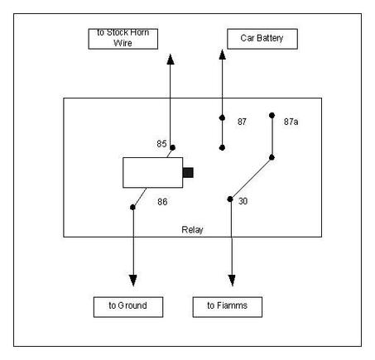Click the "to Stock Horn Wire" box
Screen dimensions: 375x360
click(123, 39)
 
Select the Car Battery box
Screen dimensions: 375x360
click(262, 39)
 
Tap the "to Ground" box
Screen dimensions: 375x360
click(128, 307)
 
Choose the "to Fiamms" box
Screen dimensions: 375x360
click(228, 307)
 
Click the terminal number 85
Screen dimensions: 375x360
click(161, 144)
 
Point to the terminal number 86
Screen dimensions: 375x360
click(162, 202)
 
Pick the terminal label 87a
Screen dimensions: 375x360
click(291, 122)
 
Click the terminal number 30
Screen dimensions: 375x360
click(243, 201)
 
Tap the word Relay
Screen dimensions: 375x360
click(192, 229)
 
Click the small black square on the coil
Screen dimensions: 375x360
click(188, 172)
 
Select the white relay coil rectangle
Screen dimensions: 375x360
click(152, 173)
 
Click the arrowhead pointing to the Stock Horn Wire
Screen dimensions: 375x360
click(171, 60)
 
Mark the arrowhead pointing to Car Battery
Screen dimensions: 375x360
click(222, 55)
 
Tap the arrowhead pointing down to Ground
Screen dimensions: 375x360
click(133, 281)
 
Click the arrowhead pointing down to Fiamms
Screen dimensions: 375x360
click(232, 281)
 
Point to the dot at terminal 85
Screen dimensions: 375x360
click(173, 147)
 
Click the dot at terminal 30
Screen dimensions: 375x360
click(230, 199)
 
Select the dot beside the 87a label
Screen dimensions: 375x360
click(272, 115)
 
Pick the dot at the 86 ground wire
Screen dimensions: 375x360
click(132, 207)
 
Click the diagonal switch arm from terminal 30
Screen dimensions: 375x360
click(251, 179)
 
